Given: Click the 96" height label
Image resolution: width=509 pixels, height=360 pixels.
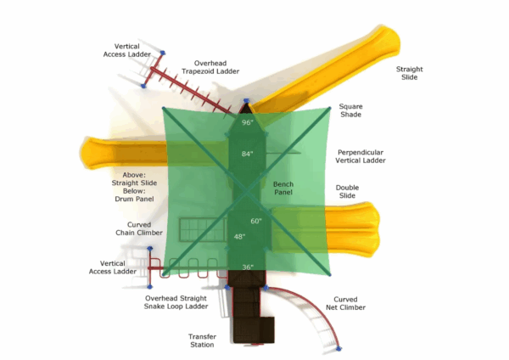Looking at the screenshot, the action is click(x=248, y=122).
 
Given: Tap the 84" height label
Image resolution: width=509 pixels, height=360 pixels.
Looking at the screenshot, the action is click(x=248, y=154).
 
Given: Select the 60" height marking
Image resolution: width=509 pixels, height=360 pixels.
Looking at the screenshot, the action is click(x=256, y=221).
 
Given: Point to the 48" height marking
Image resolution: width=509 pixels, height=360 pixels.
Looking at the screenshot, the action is click(x=239, y=237).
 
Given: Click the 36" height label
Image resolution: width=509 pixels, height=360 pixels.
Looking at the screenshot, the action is click(x=248, y=267).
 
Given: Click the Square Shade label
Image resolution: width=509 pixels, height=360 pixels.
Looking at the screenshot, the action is click(x=350, y=110).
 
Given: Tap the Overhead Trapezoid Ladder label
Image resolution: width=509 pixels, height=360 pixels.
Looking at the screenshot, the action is click(x=210, y=67).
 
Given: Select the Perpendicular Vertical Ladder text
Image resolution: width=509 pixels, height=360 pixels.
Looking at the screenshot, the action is click(x=361, y=156).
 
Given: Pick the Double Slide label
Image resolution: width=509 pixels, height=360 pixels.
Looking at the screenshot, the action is click(x=347, y=191).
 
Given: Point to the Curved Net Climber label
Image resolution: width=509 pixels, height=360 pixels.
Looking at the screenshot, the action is click(x=345, y=303).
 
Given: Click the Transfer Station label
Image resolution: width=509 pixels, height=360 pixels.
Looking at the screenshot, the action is click(x=202, y=340).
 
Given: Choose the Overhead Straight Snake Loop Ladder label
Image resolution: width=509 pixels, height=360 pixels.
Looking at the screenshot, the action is click(x=176, y=302).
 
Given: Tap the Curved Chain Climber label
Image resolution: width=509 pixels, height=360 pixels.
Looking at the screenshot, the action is click(x=139, y=228).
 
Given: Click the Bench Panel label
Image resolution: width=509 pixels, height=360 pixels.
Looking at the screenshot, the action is click(x=283, y=188).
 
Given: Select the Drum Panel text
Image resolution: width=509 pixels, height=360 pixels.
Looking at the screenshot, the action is click(x=134, y=199).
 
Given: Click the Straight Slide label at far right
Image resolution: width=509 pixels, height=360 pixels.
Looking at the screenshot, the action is click(x=410, y=73).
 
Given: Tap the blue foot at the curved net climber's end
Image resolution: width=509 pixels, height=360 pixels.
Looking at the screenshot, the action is click(x=338, y=349).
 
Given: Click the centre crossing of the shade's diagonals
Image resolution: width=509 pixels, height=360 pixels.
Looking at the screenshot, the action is click(x=247, y=192).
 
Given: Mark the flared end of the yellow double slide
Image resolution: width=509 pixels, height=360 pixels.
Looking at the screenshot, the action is click(x=370, y=229).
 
